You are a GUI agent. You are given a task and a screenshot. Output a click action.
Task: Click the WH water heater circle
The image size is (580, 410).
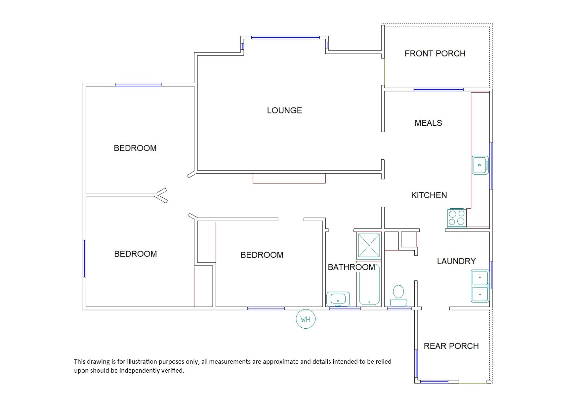coord(306,319)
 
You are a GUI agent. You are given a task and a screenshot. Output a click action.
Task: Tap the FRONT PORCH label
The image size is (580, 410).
coord(435,54)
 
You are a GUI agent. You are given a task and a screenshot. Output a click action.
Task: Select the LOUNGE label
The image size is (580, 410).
coord(284,110)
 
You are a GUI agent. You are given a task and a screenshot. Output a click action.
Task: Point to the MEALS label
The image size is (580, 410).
coord(428,123)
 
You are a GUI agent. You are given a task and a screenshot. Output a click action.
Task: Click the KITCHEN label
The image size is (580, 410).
coord(429,195)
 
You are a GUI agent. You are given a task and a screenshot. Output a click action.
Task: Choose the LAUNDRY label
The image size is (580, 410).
coord(456,261)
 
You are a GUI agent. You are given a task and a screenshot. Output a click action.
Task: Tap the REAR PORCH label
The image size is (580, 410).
coord(451,346)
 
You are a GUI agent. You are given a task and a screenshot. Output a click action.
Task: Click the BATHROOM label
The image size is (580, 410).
coord(351,267)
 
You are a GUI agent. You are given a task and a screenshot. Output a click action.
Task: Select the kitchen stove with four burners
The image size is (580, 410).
coord(457,218)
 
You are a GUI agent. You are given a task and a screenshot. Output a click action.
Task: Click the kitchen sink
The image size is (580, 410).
coord(480,165)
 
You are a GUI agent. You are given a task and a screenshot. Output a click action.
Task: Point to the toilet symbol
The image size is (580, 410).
coord(398,296)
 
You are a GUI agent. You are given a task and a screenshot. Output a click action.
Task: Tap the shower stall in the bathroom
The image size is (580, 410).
coord(369,246)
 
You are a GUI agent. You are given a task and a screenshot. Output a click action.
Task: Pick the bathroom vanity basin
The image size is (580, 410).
coord(338,299)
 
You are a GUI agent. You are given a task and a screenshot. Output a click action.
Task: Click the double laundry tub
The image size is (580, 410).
coord(480,286)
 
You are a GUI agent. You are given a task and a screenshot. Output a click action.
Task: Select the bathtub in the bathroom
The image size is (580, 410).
coord(369,285)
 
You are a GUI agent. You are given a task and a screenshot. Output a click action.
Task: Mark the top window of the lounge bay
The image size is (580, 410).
coord(285,37)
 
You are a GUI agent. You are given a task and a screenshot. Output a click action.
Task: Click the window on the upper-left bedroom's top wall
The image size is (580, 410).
coord(139,85)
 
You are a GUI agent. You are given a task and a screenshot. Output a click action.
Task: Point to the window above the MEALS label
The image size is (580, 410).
coord(438,90)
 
